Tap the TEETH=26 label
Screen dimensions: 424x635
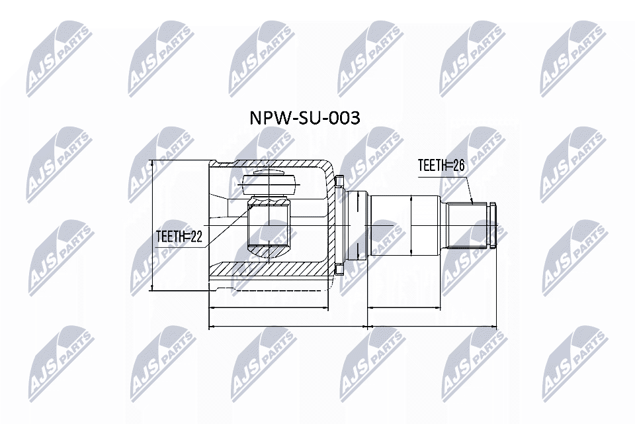441,166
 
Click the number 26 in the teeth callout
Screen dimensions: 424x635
457,166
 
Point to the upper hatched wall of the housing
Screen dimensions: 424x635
278,165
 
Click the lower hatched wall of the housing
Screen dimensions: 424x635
278,270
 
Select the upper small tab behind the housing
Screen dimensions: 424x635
339,181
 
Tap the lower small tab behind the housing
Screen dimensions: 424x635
339,269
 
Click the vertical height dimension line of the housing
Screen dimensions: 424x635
152,225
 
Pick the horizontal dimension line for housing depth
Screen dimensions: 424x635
268,309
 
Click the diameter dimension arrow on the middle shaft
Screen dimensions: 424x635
411,225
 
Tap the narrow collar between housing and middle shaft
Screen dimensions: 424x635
357,225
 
